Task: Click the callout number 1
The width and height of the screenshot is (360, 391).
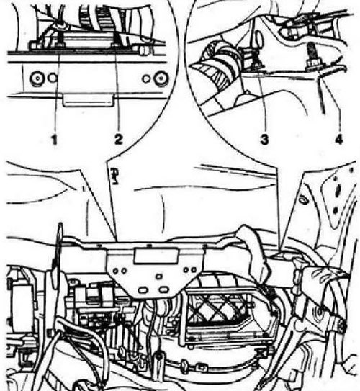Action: point(54,139)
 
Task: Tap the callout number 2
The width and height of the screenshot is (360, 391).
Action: point(119,139)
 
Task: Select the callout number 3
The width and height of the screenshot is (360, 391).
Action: point(264,139)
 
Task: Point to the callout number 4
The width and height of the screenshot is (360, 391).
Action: point(338,139)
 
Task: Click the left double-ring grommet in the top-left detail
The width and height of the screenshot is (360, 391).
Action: point(37,78)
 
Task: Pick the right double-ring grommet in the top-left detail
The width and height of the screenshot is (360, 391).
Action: point(161,78)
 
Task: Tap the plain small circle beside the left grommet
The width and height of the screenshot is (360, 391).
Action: point(53,78)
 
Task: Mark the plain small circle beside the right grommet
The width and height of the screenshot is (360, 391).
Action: point(146,79)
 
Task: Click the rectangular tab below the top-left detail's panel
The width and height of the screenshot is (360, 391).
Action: point(88,100)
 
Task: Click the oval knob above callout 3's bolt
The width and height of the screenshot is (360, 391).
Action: point(259,38)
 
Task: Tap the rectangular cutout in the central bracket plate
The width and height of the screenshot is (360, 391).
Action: point(156,256)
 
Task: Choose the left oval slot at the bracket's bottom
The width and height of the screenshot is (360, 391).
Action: point(143,289)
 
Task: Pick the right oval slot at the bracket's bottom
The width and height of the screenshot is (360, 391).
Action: point(163,289)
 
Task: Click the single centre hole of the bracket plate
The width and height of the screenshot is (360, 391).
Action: point(159,277)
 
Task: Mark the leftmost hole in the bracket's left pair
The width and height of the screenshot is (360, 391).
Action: point(116,271)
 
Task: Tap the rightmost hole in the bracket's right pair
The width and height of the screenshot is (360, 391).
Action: point(193,269)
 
